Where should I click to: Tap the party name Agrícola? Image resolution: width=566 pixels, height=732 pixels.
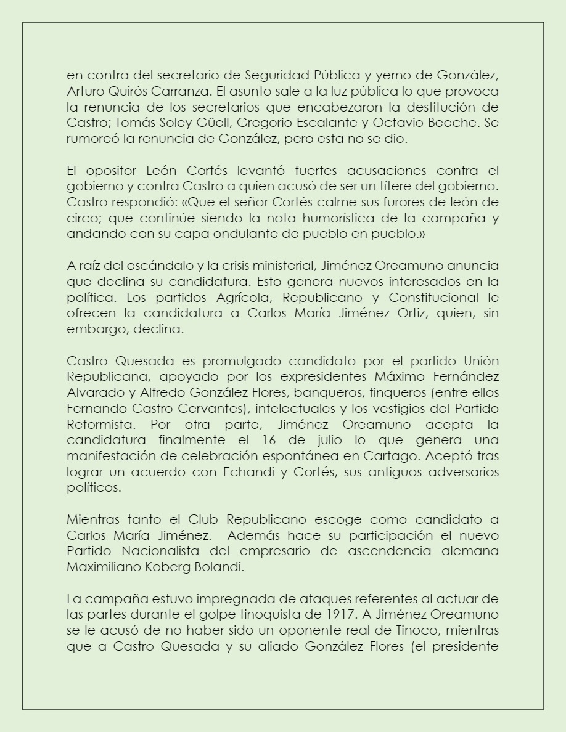coord(226,298)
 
